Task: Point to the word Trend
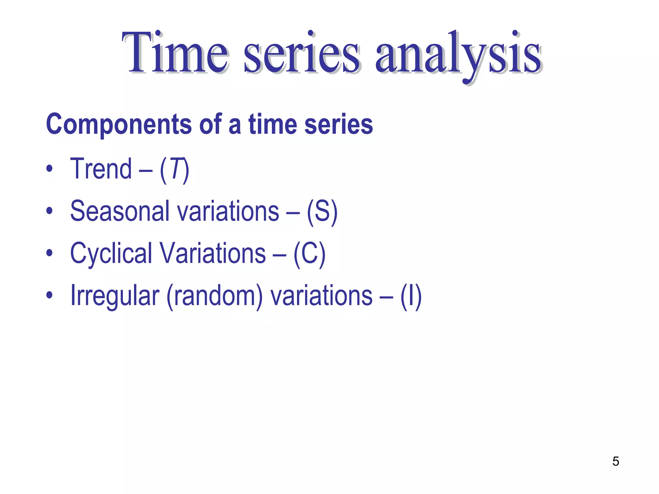click(101, 169)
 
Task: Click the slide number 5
click(616, 462)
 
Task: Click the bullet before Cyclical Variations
click(49, 253)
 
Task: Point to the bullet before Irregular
click(49, 295)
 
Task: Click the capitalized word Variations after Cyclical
click(213, 253)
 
